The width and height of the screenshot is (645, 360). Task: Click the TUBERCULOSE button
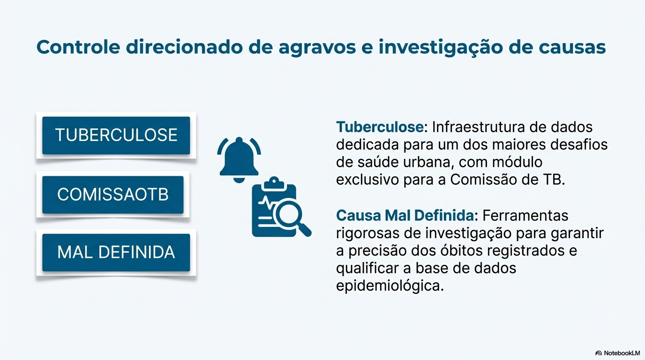pos(116,135)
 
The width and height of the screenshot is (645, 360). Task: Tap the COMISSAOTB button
pos(112,195)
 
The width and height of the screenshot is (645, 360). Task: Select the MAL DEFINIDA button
pos(116,252)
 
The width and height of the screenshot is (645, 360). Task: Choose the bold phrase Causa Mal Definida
pos(405,216)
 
